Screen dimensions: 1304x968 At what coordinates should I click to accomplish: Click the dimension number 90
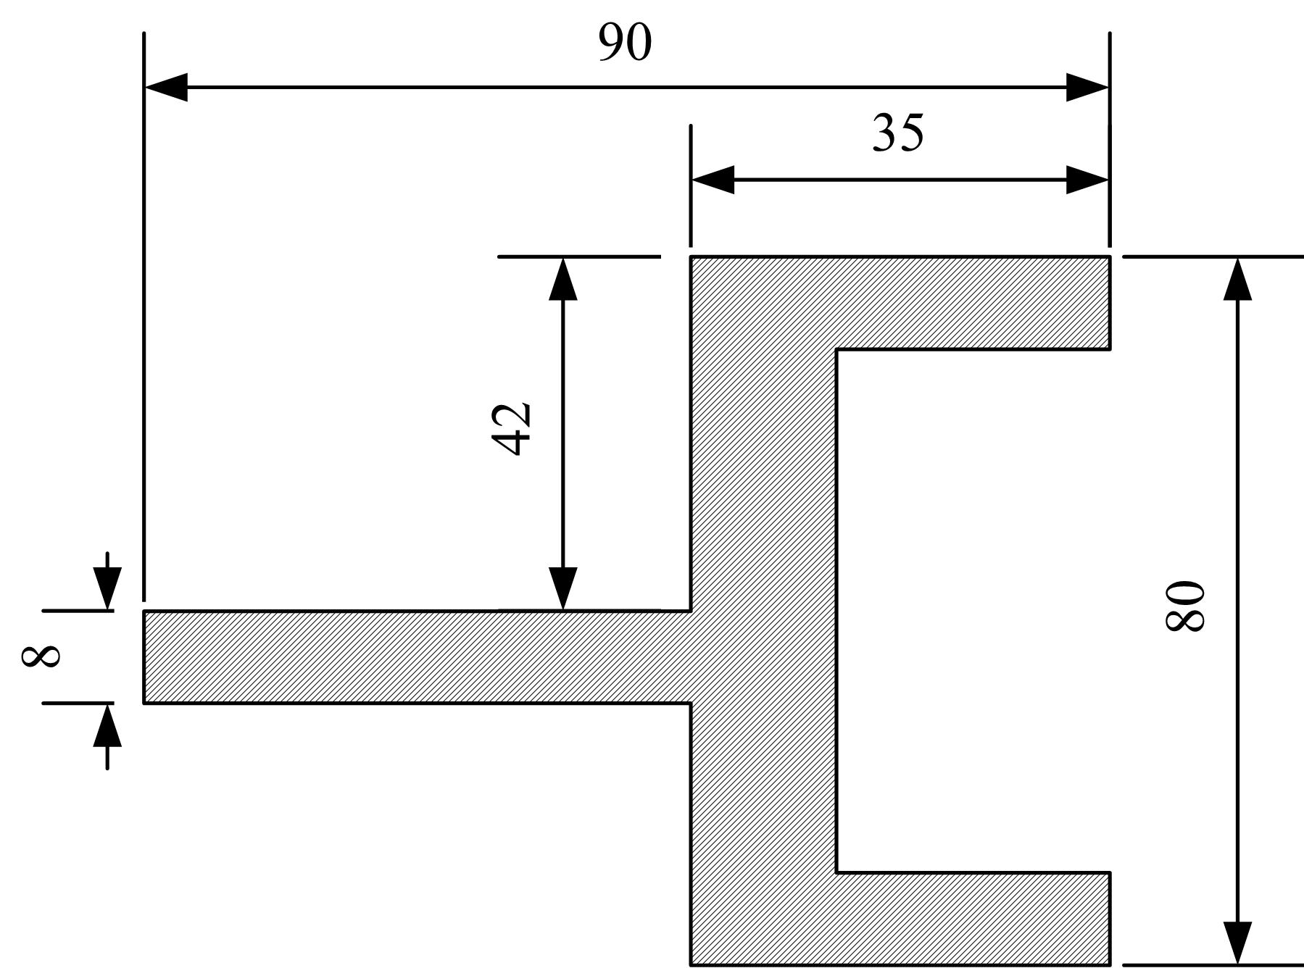coord(625,42)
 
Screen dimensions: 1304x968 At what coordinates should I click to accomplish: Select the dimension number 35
coord(898,133)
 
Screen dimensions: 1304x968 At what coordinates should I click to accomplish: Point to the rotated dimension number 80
coord(1184,605)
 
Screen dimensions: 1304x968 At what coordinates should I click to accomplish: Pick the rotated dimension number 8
coord(41,656)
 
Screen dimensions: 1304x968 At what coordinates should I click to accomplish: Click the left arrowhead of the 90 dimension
coord(166,88)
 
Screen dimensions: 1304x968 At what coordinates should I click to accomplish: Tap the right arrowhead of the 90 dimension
coord(1087,88)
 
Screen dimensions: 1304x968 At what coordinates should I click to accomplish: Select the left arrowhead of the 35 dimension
coord(713,180)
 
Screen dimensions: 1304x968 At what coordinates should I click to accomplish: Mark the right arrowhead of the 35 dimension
coord(1087,180)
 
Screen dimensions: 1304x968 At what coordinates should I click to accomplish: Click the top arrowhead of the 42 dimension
coord(563,278)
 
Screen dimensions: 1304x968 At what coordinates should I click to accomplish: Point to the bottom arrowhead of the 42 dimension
coord(563,588)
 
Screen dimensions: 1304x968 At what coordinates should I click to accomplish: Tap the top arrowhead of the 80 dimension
coord(1237,278)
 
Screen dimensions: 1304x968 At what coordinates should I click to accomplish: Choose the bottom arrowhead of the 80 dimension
coord(1237,943)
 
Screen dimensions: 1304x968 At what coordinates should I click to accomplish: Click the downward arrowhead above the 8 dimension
coord(107,589)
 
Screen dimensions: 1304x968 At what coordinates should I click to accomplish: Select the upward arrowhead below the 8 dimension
coord(107,725)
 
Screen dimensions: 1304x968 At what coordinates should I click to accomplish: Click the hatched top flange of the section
coord(973,303)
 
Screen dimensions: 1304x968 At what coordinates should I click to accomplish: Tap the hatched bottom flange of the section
coord(973,919)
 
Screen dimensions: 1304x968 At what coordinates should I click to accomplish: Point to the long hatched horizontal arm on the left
coord(417,656)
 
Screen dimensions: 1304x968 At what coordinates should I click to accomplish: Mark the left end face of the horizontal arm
coord(144,656)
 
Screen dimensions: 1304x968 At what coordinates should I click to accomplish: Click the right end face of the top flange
coord(1110,303)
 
